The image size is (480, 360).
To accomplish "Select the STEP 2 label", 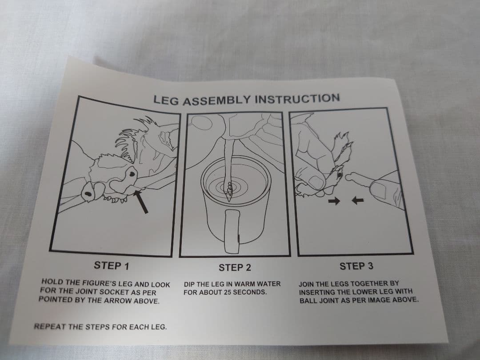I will pyautogui.click(x=235, y=267).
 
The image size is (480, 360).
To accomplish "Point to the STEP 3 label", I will pyautogui.click(x=356, y=266).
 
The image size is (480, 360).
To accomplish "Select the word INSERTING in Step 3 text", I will pyautogui.click(x=321, y=292).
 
